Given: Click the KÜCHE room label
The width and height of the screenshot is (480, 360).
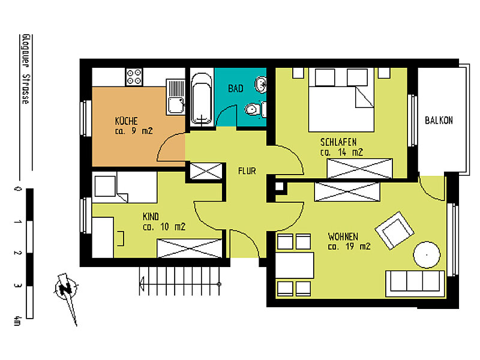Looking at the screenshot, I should [x=127, y=120].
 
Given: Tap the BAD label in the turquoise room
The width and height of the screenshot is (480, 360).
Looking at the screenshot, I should [x=236, y=89].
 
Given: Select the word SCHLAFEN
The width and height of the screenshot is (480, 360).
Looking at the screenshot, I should [x=338, y=142].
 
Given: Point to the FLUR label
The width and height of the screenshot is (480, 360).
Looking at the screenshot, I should [x=247, y=171].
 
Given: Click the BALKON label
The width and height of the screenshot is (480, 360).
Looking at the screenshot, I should [x=439, y=120].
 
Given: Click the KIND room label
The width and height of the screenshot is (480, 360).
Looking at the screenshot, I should [x=151, y=216].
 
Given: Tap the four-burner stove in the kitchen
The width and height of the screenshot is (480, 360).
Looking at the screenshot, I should [x=134, y=76].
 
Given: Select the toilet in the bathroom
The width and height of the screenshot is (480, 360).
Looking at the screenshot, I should [x=254, y=109].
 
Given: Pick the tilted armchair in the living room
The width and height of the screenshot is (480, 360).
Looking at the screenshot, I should [x=394, y=230].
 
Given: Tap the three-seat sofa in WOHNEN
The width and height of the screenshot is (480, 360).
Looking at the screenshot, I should [x=415, y=281].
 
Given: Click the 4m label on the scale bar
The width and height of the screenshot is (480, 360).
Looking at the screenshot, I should [x=17, y=321].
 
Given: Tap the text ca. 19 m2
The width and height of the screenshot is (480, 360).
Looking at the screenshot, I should [x=349, y=246].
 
